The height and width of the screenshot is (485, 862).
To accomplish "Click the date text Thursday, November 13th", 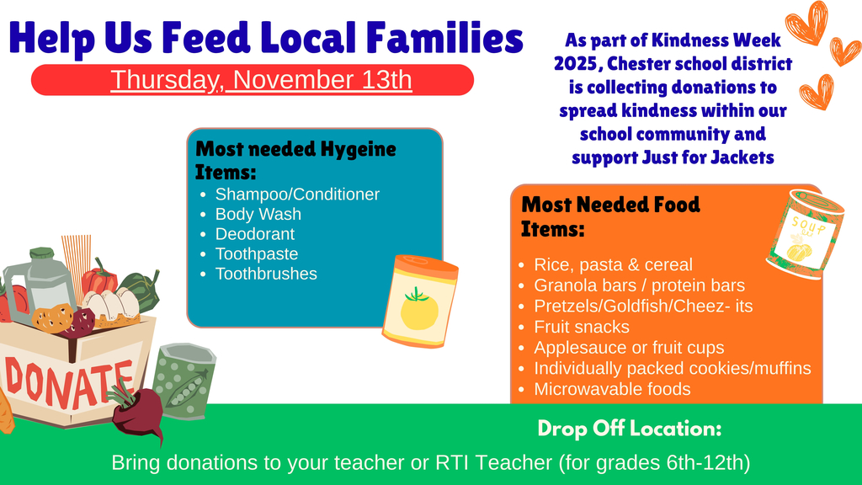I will click(261, 80).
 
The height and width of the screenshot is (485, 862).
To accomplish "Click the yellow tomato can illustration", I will click(420, 301).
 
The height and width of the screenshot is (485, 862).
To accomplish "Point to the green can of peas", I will click(184, 381).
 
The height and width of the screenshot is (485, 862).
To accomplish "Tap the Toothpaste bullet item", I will click(256, 253).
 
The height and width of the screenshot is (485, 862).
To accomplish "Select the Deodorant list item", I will click(254, 234).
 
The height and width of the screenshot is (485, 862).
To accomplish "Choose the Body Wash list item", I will click(258, 214).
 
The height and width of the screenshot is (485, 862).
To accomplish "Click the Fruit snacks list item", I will click(581, 327).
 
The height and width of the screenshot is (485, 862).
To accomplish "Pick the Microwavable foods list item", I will click(611, 389).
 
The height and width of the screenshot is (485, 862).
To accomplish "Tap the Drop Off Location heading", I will click(629, 429).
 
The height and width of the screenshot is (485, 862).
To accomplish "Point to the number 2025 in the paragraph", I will click(576, 63).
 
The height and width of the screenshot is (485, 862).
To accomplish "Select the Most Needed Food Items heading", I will click(609, 216).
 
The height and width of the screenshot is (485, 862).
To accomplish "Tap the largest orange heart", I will click(806, 23).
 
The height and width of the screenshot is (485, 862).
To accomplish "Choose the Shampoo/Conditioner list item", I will click(297, 195).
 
